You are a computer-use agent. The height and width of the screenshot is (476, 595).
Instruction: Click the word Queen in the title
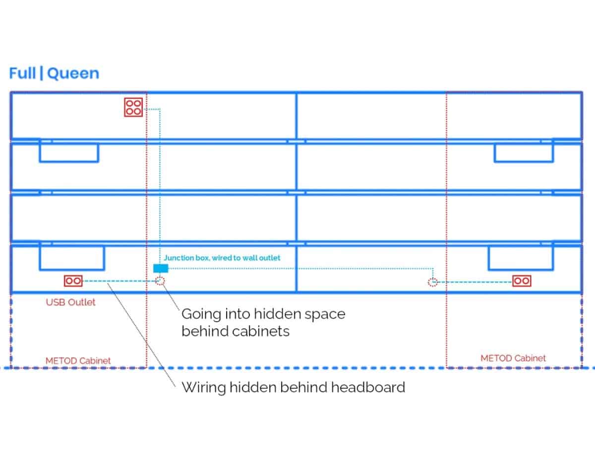click(73, 73)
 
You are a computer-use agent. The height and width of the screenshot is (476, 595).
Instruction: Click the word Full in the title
click(22, 73)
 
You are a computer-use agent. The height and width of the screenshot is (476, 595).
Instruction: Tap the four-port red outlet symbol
click(133, 107)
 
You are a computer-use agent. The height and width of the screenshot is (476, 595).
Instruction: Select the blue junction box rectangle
click(161, 268)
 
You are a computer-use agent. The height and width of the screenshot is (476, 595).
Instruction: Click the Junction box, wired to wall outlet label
click(222, 258)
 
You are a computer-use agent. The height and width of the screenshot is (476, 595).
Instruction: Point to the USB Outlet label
click(70, 302)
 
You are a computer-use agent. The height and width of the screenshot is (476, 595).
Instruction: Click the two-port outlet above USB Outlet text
click(73, 281)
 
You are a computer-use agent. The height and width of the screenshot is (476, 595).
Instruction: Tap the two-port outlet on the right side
click(521, 281)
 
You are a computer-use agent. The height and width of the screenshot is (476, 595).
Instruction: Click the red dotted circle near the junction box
click(160, 282)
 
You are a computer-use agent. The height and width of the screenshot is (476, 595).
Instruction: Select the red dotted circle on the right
click(433, 282)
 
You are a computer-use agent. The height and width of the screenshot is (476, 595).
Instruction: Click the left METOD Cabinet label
click(78, 360)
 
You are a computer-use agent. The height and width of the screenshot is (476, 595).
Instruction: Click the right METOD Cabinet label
click(513, 358)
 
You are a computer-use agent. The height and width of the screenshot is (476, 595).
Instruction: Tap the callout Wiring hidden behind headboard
click(293, 387)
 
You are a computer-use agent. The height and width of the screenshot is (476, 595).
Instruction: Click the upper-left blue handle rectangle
click(69, 153)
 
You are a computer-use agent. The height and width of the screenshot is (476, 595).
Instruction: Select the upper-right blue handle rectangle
click(524, 153)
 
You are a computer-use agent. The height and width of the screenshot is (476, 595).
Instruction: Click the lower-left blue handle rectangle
click(71, 258)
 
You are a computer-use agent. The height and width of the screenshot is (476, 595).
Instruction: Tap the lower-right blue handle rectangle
click(521, 258)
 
